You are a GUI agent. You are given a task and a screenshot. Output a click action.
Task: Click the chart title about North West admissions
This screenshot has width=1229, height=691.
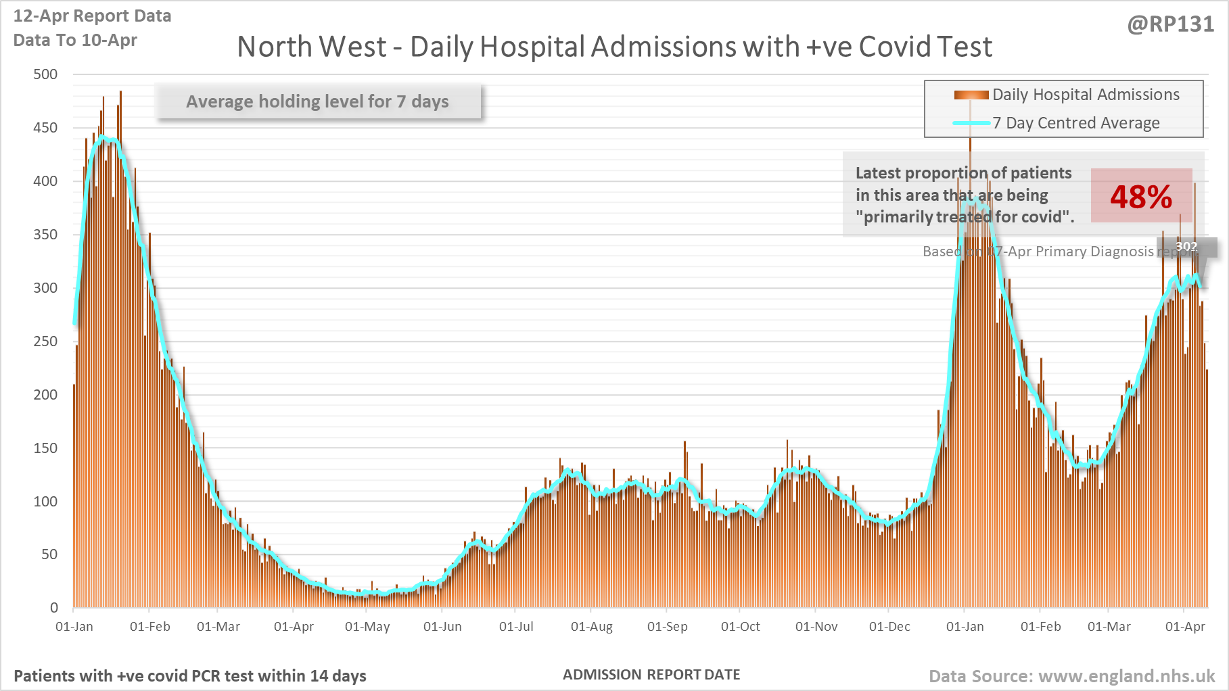[x=614, y=47]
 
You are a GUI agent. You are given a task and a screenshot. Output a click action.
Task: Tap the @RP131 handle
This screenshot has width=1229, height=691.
[x=1170, y=24]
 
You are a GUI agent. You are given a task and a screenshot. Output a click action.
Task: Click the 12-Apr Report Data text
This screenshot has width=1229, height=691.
[x=92, y=16]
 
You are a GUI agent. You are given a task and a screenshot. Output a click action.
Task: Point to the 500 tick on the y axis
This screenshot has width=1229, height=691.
[x=46, y=74]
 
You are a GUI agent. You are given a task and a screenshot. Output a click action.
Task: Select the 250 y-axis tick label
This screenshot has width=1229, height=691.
[x=46, y=341]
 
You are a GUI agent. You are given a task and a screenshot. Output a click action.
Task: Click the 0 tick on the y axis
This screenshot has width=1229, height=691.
[x=54, y=608]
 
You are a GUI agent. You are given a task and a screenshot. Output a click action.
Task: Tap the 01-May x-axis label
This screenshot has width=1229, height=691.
[x=367, y=627]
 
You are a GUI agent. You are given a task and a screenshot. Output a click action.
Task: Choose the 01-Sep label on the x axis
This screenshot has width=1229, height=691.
[x=667, y=627]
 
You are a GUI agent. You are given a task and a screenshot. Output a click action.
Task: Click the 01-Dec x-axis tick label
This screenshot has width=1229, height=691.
[x=889, y=627]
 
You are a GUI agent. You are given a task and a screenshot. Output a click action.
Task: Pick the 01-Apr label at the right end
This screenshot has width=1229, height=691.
[x=1185, y=627]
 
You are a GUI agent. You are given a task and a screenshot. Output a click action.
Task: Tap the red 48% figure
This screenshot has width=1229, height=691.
[x=1141, y=197]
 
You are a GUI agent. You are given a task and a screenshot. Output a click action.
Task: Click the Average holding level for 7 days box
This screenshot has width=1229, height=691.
[x=318, y=101]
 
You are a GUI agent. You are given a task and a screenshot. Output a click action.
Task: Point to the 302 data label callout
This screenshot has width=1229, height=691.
[x=1186, y=247]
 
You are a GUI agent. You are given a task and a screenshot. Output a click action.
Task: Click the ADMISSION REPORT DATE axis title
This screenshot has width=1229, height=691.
[x=651, y=675]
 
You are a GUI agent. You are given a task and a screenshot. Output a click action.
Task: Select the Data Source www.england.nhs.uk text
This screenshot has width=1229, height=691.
[x=1071, y=676]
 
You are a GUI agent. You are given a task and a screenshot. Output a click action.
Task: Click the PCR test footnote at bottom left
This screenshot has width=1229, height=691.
[x=190, y=676]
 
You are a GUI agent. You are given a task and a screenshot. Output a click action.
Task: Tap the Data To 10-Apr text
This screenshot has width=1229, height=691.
[x=75, y=41]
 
